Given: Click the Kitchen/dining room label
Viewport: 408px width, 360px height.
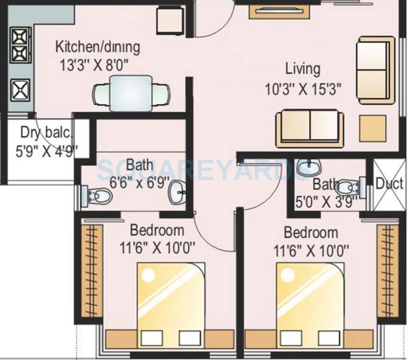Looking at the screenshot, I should (x=97, y=47).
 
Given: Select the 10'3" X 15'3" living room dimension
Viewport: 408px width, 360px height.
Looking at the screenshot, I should (x=302, y=89).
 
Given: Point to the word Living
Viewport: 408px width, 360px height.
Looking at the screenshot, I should (x=303, y=69).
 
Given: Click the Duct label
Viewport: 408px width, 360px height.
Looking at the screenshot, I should (x=389, y=184).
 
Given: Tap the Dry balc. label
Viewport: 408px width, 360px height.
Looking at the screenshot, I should (x=47, y=133).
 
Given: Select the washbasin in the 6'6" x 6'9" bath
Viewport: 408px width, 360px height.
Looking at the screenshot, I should (x=178, y=192).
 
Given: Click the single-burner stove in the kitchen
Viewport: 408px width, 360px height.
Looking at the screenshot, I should (x=20, y=89).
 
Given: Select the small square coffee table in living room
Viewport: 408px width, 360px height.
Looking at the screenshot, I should (x=373, y=128).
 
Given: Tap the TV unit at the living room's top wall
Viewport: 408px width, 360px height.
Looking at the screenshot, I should (x=279, y=11).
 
